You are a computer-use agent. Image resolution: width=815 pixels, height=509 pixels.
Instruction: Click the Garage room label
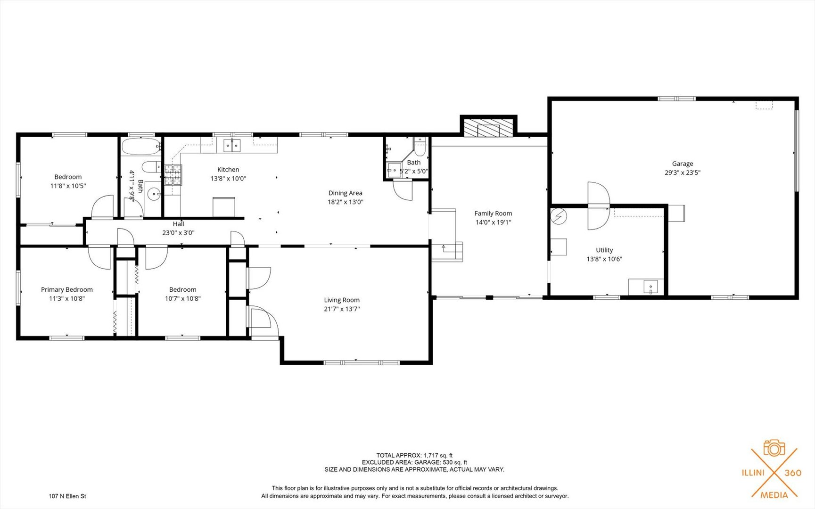click(682, 164)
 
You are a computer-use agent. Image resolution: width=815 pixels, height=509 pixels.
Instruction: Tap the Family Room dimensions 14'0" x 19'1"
click(493, 222)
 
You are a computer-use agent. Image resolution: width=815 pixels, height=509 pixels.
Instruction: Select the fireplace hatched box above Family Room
click(488, 128)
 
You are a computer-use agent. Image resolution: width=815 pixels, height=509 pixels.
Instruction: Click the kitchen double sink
click(232, 146)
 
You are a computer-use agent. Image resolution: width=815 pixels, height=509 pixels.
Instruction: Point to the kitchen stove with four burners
click(173, 174)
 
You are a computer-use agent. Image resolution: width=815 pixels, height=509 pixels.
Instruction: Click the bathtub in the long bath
click(140, 147)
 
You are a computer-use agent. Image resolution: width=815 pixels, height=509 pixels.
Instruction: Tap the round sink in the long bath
click(153, 194)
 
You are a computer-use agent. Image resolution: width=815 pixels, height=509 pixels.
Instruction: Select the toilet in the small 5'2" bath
click(420, 147)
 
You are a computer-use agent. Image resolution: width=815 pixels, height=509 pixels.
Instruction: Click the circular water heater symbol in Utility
click(559, 216)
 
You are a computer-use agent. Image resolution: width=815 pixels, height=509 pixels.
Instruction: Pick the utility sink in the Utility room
click(650, 287)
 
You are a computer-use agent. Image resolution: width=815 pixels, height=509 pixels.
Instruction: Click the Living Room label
click(341, 300)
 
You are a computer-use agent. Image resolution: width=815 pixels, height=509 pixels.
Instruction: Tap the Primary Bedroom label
click(66, 289)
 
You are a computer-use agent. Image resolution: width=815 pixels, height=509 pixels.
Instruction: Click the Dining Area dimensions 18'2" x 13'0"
click(345, 202)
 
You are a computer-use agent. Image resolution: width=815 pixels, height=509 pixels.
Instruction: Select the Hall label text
click(178, 224)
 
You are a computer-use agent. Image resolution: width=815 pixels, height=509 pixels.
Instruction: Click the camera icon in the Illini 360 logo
click(774, 448)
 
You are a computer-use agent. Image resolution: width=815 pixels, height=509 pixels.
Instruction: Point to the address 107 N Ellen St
click(67, 496)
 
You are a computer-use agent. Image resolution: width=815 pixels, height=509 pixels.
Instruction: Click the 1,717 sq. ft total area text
click(438, 455)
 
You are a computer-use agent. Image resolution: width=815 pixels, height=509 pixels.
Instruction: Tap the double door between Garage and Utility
click(598, 206)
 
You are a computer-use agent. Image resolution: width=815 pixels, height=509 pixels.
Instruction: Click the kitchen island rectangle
click(224, 207)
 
